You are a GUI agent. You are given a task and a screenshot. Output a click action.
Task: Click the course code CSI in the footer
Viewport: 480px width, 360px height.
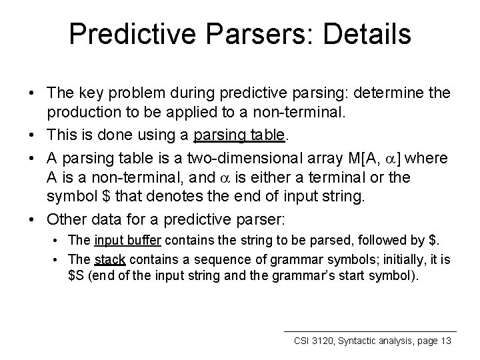point(303,341)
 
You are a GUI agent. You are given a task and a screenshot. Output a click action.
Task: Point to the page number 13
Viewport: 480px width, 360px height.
point(445,341)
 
